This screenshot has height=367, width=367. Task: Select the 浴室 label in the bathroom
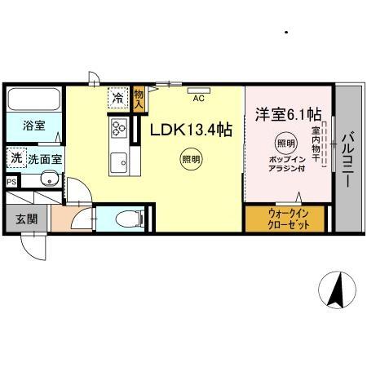click(33, 126)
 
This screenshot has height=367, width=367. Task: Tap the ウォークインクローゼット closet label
click(285, 219)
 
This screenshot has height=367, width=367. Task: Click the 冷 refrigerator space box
click(118, 99)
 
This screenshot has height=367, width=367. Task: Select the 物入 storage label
click(139, 99)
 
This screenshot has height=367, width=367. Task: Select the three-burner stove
click(118, 128)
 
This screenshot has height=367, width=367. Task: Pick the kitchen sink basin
click(118, 160)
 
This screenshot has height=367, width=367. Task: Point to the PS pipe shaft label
click(11, 182)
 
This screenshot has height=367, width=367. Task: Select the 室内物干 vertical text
click(315, 140)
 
